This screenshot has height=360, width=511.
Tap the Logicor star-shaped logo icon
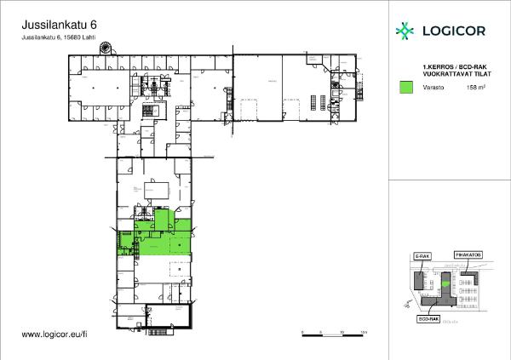tap(405, 31)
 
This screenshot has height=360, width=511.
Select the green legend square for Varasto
tap(406, 87)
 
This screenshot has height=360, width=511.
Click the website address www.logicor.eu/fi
tap(55, 336)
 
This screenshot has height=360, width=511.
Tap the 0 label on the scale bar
tap(302, 331)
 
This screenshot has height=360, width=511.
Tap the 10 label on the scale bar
tap(342, 331)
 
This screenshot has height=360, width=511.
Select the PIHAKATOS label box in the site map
tap(468, 254)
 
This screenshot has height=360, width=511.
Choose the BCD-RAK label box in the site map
tap(428, 319)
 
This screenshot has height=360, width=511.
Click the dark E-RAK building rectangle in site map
tap(420, 281)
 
